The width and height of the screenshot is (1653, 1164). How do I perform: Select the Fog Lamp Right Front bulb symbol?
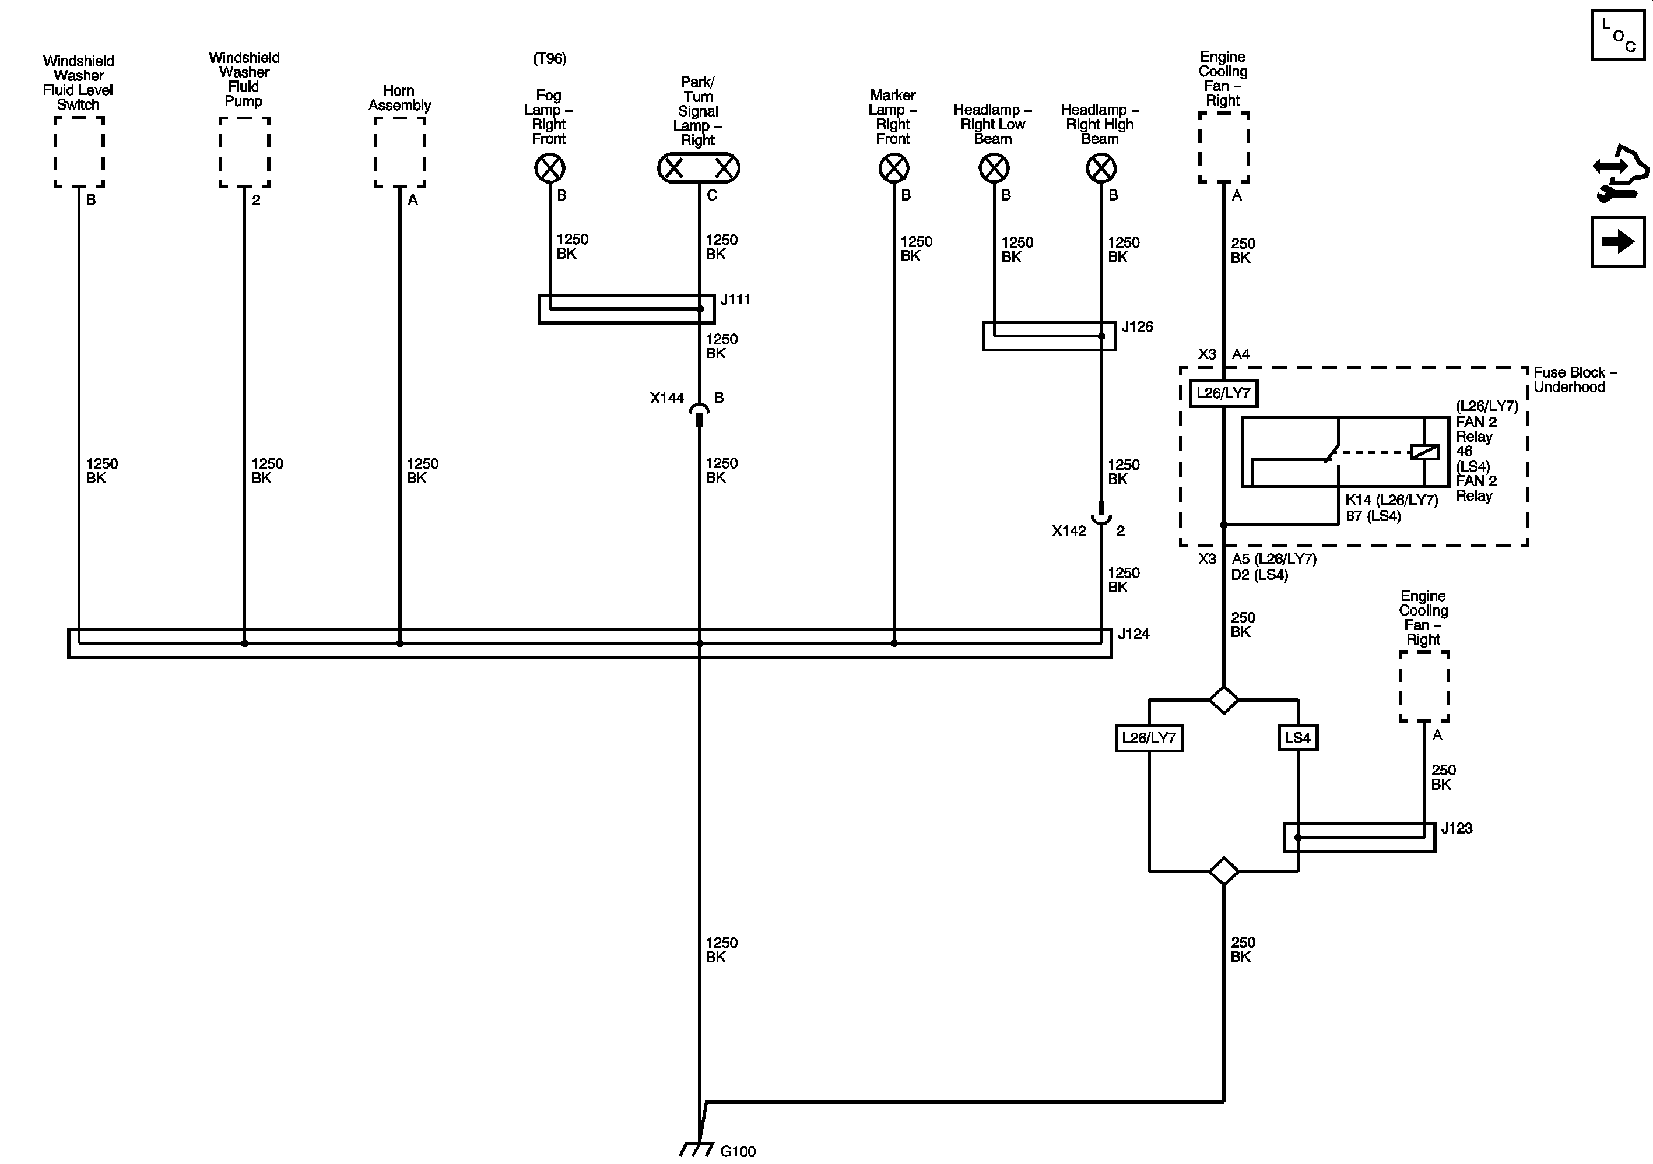click(x=549, y=169)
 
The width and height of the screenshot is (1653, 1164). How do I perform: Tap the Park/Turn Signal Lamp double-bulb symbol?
click(x=699, y=168)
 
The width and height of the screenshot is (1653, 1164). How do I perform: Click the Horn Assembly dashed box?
click(x=399, y=153)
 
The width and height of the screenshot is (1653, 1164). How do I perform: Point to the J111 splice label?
click(x=735, y=300)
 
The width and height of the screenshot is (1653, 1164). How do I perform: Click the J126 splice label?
click(x=1137, y=327)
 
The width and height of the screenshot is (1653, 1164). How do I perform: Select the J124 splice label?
click(x=1133, y=634)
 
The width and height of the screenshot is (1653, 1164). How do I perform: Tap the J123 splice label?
click(x=1456, y=828)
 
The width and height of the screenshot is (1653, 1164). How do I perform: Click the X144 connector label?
click(x=666, y=398)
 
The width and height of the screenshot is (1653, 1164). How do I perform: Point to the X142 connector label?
click(x=1068, y=531)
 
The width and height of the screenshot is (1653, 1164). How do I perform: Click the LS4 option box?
click(x=1297, y=738)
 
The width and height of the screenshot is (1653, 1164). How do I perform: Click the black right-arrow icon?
click(x=1617, y=242)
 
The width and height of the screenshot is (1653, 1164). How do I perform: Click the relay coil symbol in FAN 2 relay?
click(x=1424, y=452)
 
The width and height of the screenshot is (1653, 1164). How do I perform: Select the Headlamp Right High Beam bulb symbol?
click(x=1101, y=169)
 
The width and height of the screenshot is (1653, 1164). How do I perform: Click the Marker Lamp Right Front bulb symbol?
click(x=894, y=169)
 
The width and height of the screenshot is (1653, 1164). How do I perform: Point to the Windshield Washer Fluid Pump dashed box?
click(x=245, y=153)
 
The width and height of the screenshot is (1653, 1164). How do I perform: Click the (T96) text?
click(x=549, y=59)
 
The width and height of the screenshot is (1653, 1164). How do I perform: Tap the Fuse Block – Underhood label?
click(x=1574, y=380)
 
